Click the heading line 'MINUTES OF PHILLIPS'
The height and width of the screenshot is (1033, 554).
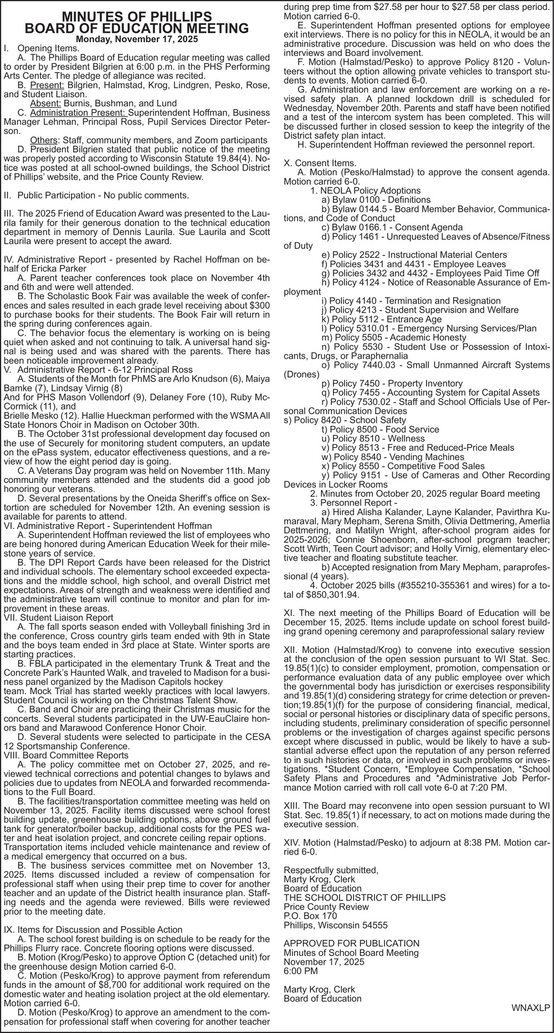coord(136,16)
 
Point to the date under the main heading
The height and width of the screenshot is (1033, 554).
coord(136,39)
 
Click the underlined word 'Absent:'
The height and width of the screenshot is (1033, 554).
coord(46,103)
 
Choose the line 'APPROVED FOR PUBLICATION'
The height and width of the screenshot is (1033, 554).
coord(351,943)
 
